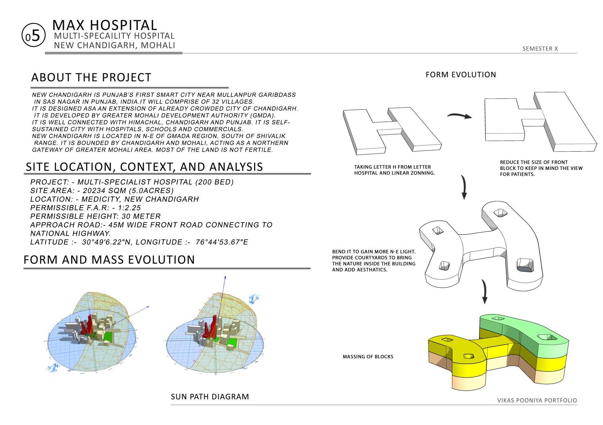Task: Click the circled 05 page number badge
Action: pyautogui.click(x=33, y=36)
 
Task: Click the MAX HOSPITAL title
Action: pyautogui.click(x=105, y=25)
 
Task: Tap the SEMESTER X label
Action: pyautogui.click(x=540, y=49)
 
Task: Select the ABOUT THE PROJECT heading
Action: pyautogui.click(x=91, y=77)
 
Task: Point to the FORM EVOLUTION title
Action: pyautogui.click(x=461, y=75)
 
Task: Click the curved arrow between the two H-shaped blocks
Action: pyautogui.click(x=460, y=116)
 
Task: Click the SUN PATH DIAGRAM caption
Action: pyautogui.click(x=210, y=396)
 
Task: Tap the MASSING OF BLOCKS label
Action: pyautogui.click(x=368, y=357)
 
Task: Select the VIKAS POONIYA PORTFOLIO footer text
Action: pyautogui.click(x=537, y=400)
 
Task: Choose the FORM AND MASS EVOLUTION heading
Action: pyautogui.click(x=109, y=259)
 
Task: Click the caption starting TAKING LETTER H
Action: pyautogui.click(x=394, y=170)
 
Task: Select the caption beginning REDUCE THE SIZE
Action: pyautogui.click(x=541, y=168)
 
